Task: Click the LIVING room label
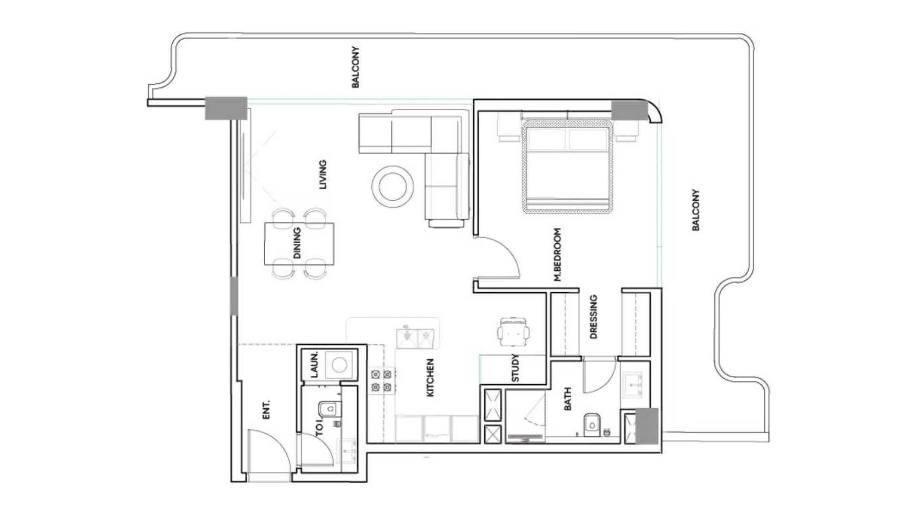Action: point(323,175)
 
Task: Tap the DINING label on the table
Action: point(297,243)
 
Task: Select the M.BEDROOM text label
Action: point(557,255)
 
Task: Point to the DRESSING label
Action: point(593,317)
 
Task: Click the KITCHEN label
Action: point(430,378)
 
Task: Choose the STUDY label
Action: point(515,368)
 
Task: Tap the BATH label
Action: point(568,399)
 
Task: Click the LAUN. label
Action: point(314,365)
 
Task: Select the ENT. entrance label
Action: point(266,410)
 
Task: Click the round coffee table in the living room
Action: point(392,186)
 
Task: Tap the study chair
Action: point(513,331)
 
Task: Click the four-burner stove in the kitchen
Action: point(382,381)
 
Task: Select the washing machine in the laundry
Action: point(339,365)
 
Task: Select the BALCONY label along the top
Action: point(355,67)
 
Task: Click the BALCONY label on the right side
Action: point(696,210)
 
